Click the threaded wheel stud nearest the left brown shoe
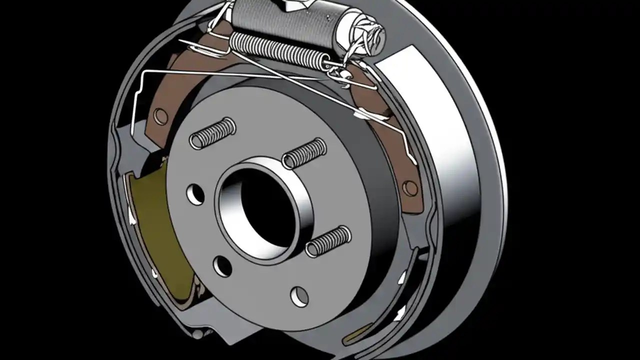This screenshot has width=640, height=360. click(x=212, y=133)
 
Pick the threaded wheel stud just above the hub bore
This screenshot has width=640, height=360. click(x=304, y=153)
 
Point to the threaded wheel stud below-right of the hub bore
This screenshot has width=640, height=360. click(x=327, y=241)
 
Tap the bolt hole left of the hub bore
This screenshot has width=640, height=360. click(x=195, y=194)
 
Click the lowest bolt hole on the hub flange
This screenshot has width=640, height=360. click(x=299, y=296)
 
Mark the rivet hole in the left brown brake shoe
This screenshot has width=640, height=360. click(x=160, y=116)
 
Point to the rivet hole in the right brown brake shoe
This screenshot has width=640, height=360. click(x=410, y=188)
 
